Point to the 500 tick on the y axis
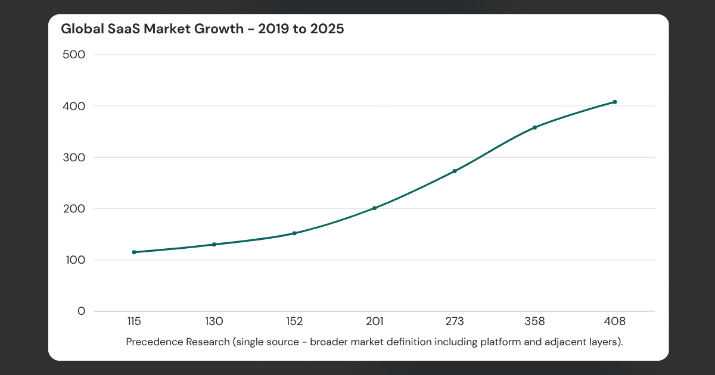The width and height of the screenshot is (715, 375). click(x=74, y=55)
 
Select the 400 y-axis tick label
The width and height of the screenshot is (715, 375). click(x=74, y=106)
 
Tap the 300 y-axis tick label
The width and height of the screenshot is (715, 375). click(x=74, y=158)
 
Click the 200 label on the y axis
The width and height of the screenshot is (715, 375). click(x=74, y=209)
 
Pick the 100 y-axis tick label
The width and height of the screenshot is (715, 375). click(x=74, y=260)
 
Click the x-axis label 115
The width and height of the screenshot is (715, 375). click(x=134, y=322)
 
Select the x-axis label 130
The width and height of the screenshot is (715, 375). click(x=214, y=322)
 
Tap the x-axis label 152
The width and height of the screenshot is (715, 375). click(x=294, y=322)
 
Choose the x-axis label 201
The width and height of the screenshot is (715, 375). click(x=374, y=322)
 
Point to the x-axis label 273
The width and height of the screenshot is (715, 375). click(x=455, y=322)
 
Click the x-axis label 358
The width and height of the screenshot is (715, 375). click(x=534, y=322)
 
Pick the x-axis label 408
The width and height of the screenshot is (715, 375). click(x=614, y=322)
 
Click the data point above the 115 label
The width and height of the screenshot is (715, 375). click(x=134, y=252)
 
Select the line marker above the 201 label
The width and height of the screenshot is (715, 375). click(x=374, y=208)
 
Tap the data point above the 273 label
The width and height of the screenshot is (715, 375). click(x=455, y=171)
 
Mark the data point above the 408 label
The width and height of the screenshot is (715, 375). click(x=614, y=102)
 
